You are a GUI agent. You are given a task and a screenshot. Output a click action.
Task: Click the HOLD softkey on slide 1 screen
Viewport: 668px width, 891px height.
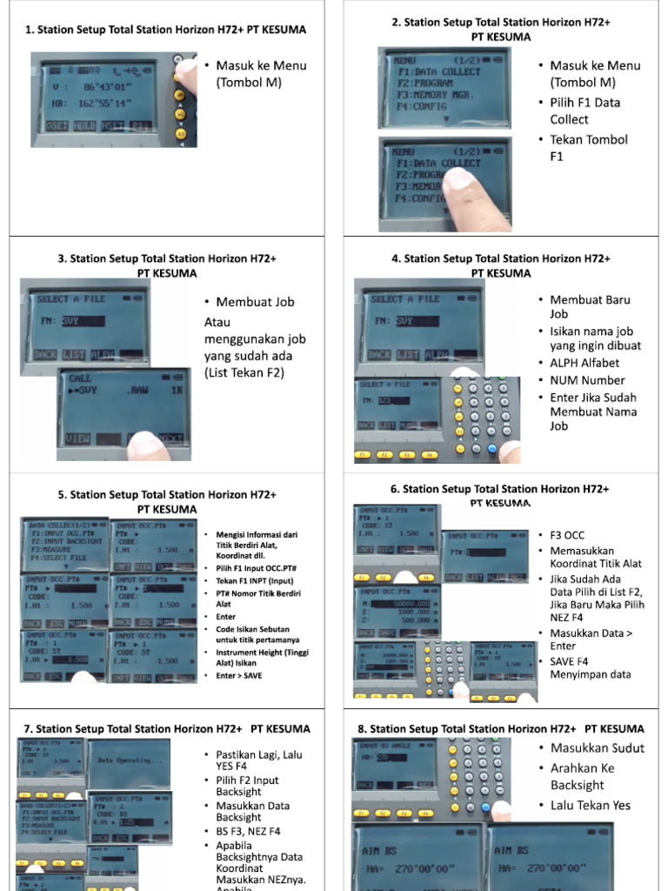[x=84, y=126]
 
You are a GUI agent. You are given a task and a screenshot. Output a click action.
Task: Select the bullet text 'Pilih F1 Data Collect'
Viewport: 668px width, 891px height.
[x=584, y=111]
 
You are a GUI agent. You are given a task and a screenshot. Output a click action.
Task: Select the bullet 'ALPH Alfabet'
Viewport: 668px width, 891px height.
[x=587, y=363]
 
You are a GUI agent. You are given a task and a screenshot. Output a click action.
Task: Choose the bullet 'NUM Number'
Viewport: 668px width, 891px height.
[x=587, y=380]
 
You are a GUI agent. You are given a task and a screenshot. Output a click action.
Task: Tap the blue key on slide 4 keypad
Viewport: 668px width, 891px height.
[x=491, y=449]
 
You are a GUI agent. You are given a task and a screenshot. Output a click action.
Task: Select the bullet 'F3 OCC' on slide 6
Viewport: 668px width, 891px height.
[x=568, y=534]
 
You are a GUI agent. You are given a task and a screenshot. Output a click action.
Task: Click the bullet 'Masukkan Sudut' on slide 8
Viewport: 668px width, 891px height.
[x=598, y=748]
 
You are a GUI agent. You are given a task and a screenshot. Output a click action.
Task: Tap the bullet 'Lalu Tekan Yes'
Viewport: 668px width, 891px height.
[x=591, y=805]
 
